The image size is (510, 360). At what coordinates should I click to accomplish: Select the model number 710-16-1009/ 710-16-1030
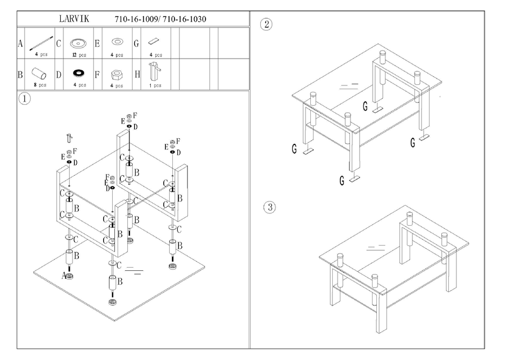[x=161, y=19]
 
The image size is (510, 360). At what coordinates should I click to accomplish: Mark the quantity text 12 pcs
[x=79, y=55]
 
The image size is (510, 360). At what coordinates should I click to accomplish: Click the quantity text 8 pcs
[x=39, y=85]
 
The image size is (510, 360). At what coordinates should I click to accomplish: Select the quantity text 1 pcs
[x=155, y=85]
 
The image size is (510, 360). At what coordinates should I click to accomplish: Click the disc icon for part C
[x=79, y=42]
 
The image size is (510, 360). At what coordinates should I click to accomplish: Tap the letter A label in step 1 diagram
[x=63, y=276]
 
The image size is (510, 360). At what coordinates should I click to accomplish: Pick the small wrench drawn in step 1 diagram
[x=68, y=139]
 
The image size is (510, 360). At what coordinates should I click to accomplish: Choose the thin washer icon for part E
[x=116, y=41]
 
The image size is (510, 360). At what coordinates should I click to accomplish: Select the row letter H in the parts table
[x=136, y=74]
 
